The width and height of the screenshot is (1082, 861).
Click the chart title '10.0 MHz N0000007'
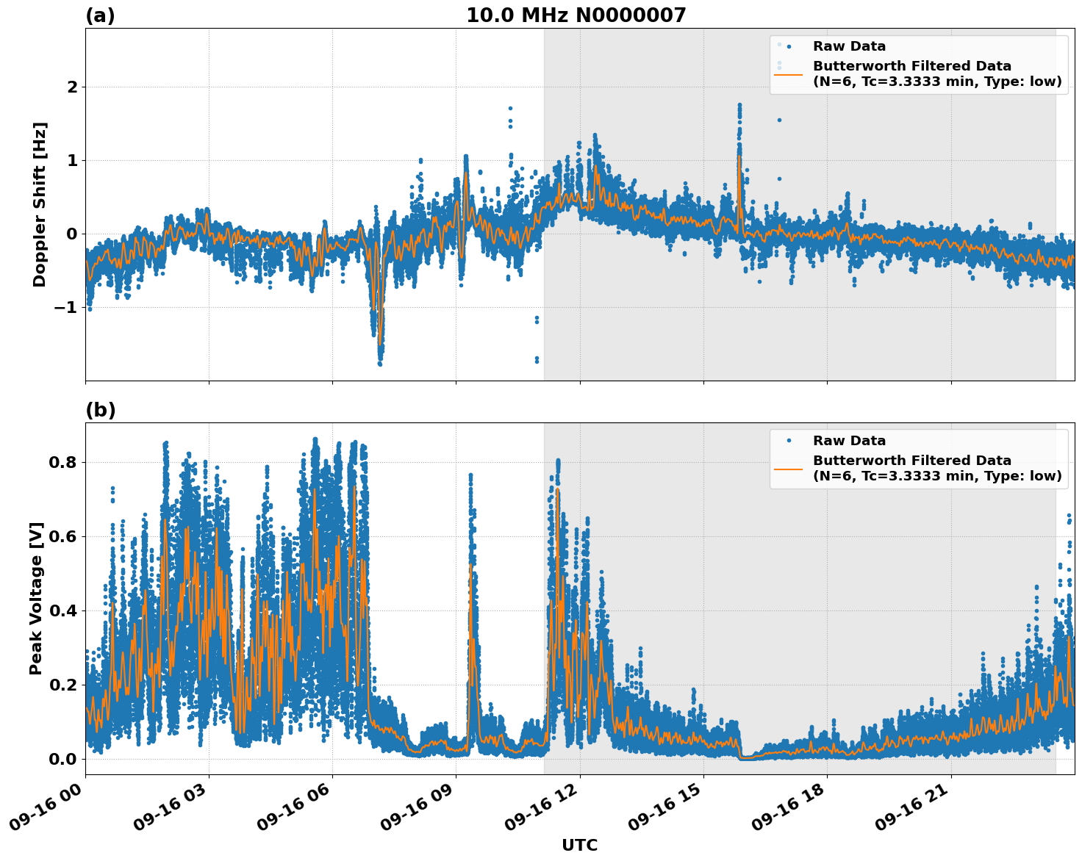[x=576, y=15]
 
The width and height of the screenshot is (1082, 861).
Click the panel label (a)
[x=100, y=15]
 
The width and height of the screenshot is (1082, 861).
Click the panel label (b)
[x=100, y=410]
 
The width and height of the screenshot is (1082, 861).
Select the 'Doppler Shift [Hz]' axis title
[x=40, y=204]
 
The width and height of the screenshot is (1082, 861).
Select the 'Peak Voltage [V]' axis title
[x=36, y=598]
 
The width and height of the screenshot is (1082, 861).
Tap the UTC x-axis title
[x=579, y=845]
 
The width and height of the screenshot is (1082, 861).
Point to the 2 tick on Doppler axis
[x=72, y=87]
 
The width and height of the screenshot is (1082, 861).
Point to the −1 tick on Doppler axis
[x=66, y=307]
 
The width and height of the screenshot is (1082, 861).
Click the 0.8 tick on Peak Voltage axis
[x=63, y=463]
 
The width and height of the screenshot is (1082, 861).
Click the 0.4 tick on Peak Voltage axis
[x=63, y=610]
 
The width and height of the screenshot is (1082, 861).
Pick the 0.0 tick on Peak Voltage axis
[x=63, y=759]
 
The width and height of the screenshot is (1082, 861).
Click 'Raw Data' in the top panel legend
[x=849, y=46]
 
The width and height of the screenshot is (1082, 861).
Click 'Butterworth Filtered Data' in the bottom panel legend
[x=911, y=461]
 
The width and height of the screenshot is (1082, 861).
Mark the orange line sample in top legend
[x=788, y=73]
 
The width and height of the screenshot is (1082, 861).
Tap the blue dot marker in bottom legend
[x=788, y=441]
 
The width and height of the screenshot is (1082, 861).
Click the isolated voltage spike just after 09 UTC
[x=470, y=478]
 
